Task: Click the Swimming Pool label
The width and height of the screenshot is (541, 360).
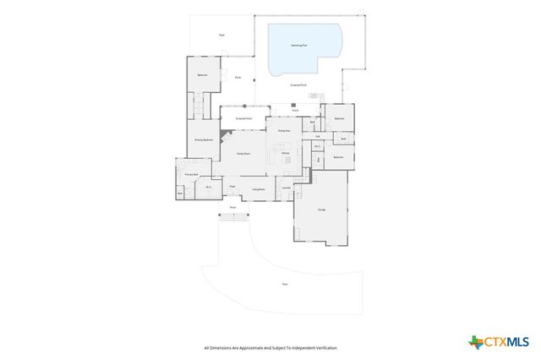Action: coord(299,46)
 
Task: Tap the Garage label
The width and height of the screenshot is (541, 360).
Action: coord(321,209)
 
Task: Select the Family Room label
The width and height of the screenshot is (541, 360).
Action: coord(243,153)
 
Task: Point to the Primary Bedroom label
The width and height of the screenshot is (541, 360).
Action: coord(203,139)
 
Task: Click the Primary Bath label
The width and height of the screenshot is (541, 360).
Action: coord(190,175)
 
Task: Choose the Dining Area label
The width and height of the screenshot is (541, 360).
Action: coord(284,131)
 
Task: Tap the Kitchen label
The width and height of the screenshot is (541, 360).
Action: coord(286,153)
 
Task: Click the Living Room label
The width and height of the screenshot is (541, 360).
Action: coord(260,189)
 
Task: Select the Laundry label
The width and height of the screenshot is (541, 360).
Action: coord(286,187)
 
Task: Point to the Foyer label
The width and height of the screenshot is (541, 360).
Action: coord(232,187)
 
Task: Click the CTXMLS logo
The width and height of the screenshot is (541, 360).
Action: coord(499,341)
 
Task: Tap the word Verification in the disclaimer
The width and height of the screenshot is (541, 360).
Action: coord(322,347)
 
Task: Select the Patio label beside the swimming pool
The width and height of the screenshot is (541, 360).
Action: coord(221,35)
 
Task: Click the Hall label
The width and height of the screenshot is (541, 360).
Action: coord(317,135)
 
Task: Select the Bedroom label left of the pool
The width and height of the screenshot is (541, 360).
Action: coord(203,75)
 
